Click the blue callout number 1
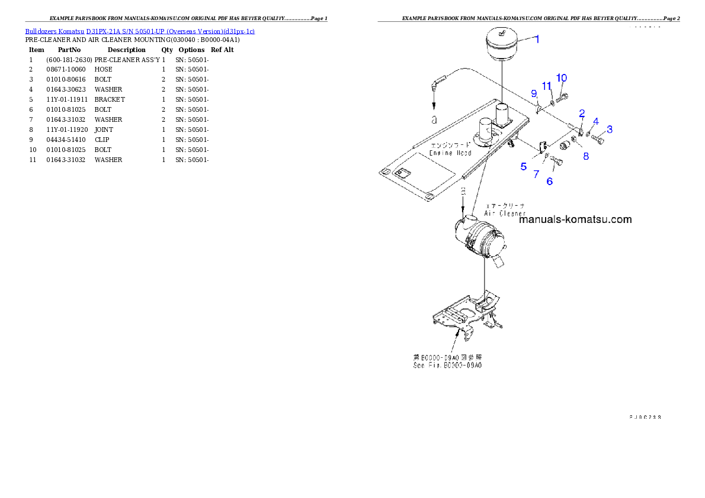pos(537,39)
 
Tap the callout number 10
pos(562,78)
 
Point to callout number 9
pos(534,93)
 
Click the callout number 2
pos(582,113)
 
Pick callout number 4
pos(596,121)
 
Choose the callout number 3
pos(610,129)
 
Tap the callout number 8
pos(586,156)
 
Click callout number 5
pos(524,167)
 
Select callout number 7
pos(536,174)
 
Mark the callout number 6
pos(550,182)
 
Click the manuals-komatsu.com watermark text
pos(575,219)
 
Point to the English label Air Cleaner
pos(504,214)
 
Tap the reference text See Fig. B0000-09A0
pos(447,366)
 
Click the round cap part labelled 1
pos(502,44)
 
